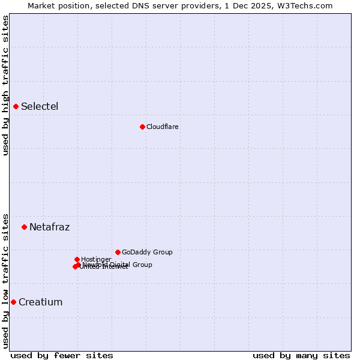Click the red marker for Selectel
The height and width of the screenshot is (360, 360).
point(16,107)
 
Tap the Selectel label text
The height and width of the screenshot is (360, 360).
point(40,107)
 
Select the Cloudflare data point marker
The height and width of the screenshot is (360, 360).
point(142,127)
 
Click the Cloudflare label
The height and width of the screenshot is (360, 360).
point(163,127)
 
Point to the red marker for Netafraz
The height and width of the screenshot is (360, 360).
point(25,227)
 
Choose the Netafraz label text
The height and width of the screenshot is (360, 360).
point(50,227)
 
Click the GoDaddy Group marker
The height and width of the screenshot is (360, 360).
point(118,252)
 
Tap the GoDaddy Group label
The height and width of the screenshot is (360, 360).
point(147,252)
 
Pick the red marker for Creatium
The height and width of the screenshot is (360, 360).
point(13,302)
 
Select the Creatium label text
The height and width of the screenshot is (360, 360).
point(41,302)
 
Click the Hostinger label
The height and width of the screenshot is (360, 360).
point(96,259)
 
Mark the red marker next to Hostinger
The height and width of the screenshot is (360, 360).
point(77,259)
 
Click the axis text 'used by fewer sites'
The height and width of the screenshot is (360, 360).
point(62,355)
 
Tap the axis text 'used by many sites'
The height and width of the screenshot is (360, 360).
point(301,355)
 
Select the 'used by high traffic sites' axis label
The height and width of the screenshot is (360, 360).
point(6,85)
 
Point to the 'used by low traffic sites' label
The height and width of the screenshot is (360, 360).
point(6,281)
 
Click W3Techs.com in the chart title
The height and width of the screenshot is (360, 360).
point(308,5)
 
